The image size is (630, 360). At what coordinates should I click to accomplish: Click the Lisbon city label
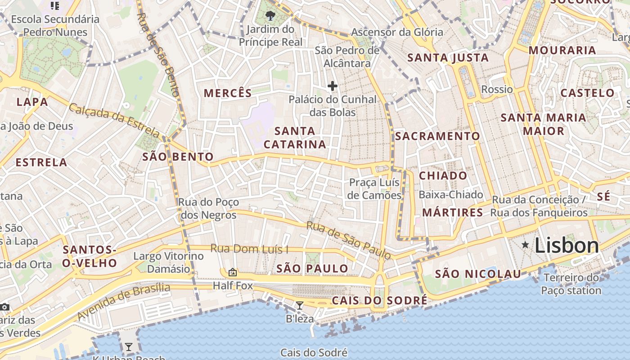point(567,246)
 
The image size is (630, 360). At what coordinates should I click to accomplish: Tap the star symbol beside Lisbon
point(525,245)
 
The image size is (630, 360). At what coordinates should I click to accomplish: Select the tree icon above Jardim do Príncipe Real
point(270,16)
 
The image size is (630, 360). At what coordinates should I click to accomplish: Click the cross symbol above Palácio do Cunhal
point(333,86)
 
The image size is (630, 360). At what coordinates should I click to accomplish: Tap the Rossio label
point(497,89)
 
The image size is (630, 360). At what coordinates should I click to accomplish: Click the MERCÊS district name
point(228,93)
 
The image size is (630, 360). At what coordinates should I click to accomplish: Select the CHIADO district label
point(443,175)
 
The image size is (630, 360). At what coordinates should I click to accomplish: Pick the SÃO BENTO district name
point(178,157)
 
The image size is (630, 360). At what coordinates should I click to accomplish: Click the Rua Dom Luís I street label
point(249,249)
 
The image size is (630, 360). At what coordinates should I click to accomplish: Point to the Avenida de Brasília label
point(123,301)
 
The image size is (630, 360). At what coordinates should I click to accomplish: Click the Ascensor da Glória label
point(397,32)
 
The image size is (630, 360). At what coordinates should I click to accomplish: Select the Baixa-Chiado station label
point(450,195)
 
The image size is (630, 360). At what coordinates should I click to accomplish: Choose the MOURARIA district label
point(562,50)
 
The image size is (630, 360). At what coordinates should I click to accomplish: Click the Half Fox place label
point(233,286)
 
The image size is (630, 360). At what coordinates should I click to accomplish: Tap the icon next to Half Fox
point(233,272)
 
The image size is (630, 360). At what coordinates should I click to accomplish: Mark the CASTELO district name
point(587,93)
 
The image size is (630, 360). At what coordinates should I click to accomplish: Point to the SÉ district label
point(604,196)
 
